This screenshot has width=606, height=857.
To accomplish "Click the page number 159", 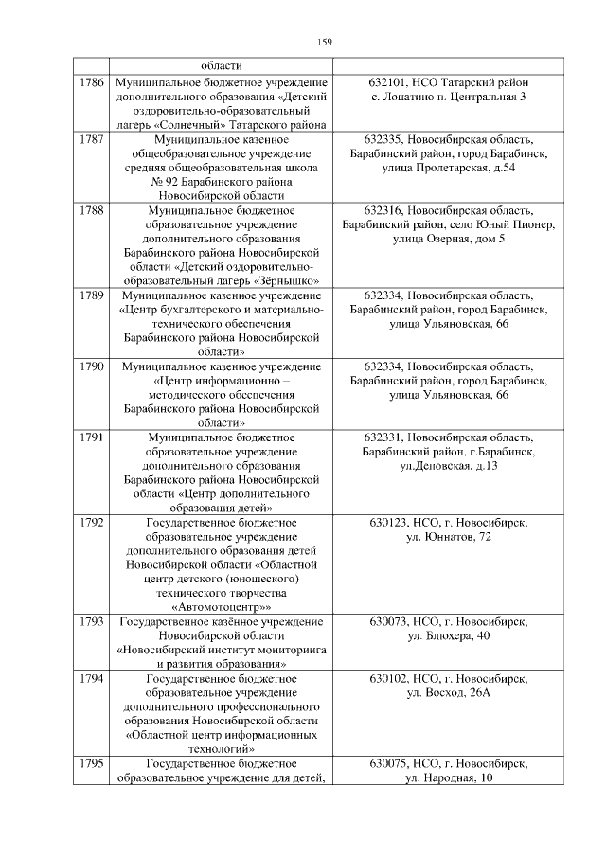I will coord(322,42).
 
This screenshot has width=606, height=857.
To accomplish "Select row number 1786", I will coord(92,82).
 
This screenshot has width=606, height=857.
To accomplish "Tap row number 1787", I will coord(92,139).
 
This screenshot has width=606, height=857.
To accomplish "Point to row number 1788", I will coord(92,209).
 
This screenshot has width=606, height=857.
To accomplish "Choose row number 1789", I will coord(92,295).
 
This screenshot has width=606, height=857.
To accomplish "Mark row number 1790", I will coord(92,366).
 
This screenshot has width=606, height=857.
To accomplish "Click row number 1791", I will coord(92,437).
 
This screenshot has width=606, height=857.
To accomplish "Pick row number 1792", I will coord(92,522).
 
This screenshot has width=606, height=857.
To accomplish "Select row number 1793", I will coord(92,621).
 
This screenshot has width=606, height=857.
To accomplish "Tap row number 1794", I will coord(92,679).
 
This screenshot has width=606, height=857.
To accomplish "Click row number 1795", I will coord(92,763).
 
